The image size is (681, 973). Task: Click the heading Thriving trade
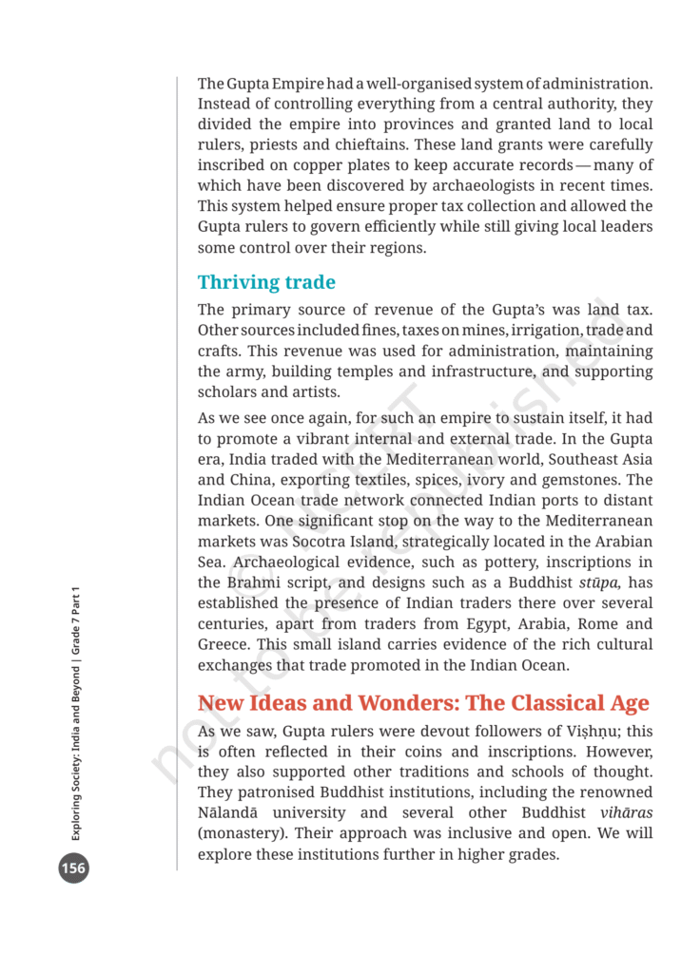(x=266, y=282)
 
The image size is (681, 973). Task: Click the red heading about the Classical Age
(x=423, y=703)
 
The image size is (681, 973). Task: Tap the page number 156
(x=73, y=868)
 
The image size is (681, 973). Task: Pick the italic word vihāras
(x=627, y=812)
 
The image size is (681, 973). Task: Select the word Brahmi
(x=251, y=582)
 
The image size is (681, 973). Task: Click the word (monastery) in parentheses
(x=243, y=833)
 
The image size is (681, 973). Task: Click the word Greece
(x=224, y=644)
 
